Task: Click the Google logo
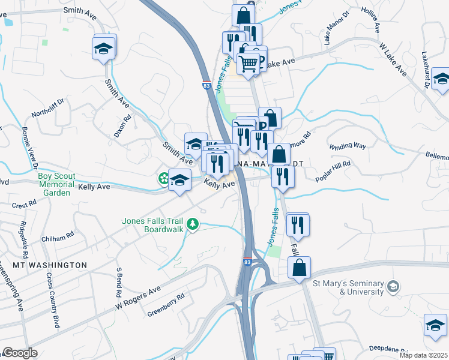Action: pyautogui.click(x=20, y=353)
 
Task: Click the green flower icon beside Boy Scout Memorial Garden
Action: pyautogui.click(x=163, y=178)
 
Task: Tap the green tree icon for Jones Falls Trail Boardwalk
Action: pyautogui.click(x=192, y=224)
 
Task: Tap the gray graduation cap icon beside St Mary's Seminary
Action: pyautogui.click(x=393, y=286)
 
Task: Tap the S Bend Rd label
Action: pyautogui.click(x=119, y=284)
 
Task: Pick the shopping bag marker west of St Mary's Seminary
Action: pyautogui.click(x=298, y=268)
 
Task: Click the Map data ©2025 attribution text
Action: pyautogui.click(x=424, y=355)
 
